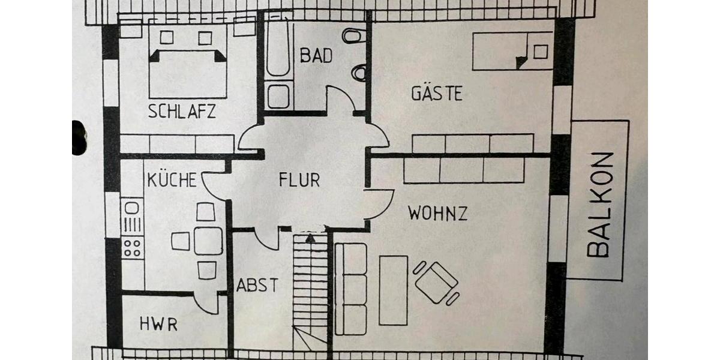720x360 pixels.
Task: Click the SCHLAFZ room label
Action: (182, 112)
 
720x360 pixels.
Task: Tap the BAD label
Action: (316, 56)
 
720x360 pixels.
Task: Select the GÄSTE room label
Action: (437, 94)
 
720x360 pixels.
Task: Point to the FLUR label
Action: (299, 179)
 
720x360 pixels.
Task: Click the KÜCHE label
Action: (172, 179)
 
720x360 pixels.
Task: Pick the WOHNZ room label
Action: (438, 213)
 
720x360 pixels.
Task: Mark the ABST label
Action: (257, 285)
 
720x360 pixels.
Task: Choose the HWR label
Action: (158, 325)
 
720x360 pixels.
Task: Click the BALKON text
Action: (600, 204)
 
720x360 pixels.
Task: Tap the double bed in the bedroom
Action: (188, 60)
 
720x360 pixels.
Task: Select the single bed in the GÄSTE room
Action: (512, 51)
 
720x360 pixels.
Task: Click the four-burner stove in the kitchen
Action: (133, 247)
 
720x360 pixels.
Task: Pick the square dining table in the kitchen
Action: (208, 241)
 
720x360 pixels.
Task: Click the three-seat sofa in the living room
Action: (351, 288)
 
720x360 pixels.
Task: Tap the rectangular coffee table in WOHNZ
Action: (394, 290)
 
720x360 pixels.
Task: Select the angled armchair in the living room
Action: (436, 282)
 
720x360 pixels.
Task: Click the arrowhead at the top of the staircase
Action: (310, 238)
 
